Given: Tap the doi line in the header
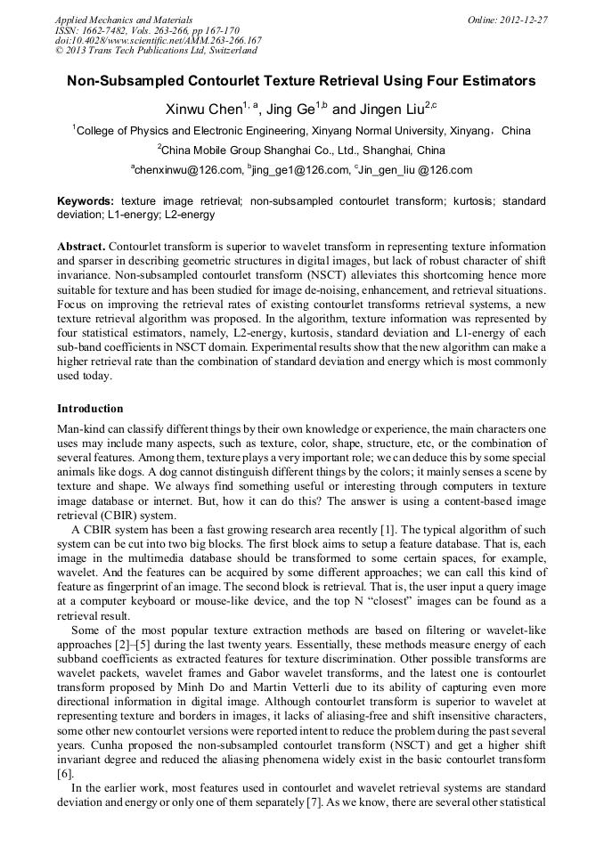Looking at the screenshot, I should [158, 40].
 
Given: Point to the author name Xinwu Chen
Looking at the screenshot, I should [204, 110].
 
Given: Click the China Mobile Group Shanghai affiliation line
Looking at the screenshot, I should [301, 150].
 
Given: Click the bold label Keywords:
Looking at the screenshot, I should [86, 201].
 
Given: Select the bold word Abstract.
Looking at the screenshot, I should [81, 245].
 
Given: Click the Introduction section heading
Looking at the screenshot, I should [90, 409].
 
